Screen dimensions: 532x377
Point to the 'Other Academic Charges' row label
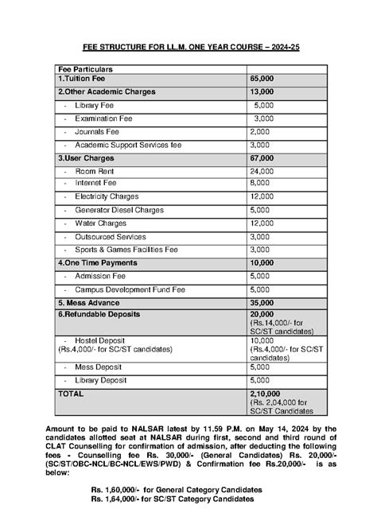(x=107, y=92)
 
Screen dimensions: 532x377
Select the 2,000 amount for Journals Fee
(x=260, y=132)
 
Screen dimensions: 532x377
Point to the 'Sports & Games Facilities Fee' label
(x=126, y=249)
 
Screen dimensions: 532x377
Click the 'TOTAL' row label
(x=72, y=393)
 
